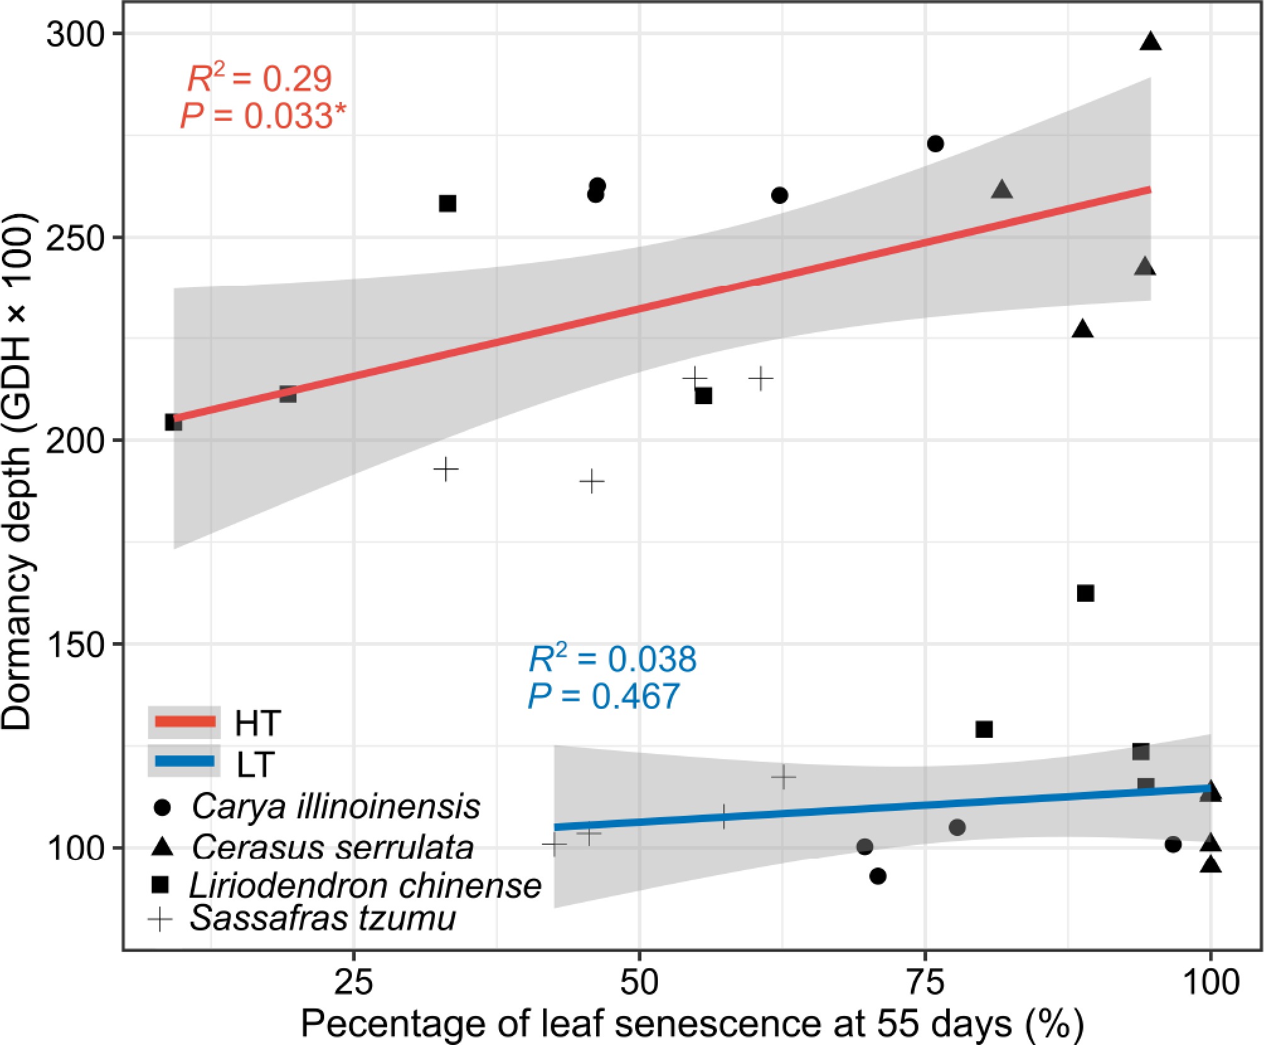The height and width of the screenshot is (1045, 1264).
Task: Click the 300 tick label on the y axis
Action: click(x=74, y=34)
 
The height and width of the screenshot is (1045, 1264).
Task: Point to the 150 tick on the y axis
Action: click(x=74, y=645)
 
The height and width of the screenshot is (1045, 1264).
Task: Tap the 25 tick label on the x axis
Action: click(x=354, y=982)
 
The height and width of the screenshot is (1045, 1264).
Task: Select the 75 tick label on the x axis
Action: click(x=925, y=982)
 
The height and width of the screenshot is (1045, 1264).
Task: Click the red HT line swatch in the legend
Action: click(x=185, y=722)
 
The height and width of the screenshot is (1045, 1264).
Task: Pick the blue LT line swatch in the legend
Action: click(x=185, y=762)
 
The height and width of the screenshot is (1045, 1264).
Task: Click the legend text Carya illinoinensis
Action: click(x=336, y=806)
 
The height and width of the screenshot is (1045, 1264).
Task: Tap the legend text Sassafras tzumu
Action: click(x=322, y=918)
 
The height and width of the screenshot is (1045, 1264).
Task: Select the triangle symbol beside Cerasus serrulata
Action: click(x=162, y=847)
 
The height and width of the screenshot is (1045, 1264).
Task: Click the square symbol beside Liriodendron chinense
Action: click(x=161, y=885)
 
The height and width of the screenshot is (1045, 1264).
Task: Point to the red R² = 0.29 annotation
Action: click(x=259, y=79)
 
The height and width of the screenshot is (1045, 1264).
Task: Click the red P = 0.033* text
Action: click(x=263, y=116)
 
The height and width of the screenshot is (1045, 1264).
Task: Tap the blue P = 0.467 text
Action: click(x=604, y=696)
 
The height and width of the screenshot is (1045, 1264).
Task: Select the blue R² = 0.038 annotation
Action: click(x=612, y=658)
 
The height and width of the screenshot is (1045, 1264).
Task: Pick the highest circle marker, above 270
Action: click(x=935, y=144)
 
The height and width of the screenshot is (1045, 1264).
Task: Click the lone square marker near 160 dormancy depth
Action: click(x=1085, y=593)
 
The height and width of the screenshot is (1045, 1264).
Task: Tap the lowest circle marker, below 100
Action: click(x=877, y=876)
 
